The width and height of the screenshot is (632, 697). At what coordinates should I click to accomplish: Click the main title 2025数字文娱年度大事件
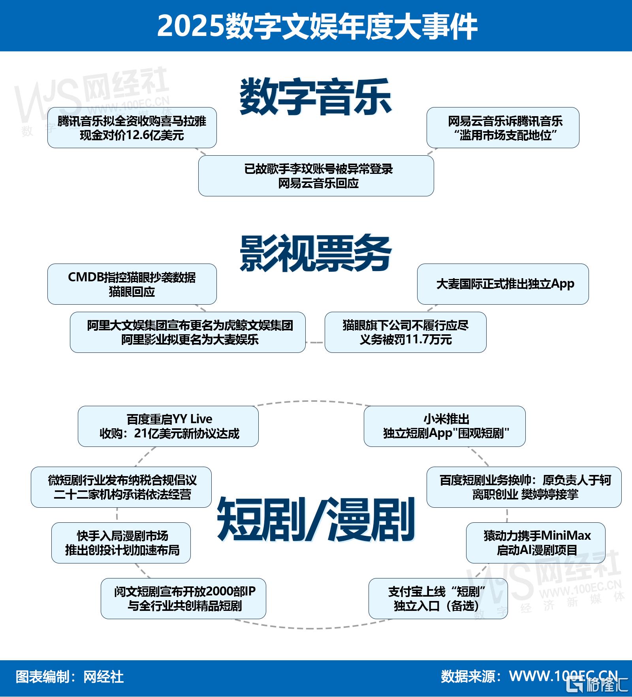317,26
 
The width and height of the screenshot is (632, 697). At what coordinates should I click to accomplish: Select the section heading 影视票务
316,253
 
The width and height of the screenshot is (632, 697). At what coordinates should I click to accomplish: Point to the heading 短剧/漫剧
316,519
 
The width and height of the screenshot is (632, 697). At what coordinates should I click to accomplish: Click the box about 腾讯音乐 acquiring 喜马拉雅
132,128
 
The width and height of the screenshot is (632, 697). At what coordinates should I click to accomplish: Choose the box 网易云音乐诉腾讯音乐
503,128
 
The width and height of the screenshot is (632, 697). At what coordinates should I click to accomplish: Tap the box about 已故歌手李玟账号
316,176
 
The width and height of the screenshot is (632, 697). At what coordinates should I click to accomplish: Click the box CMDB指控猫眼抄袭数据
132,284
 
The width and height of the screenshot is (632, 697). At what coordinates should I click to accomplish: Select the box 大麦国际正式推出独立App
503,284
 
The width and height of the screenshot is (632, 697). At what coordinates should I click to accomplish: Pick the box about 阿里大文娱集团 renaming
188,332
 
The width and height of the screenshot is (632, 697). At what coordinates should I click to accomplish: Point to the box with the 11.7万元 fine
405,332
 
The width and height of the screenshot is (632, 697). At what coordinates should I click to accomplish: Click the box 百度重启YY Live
168,426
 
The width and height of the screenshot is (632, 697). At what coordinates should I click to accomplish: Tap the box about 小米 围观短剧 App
445,426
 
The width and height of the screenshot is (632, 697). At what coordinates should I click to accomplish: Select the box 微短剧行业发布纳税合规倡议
121,487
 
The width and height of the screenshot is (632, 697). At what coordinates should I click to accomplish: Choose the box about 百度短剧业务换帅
524,487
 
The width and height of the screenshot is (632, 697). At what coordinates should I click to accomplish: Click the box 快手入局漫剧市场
121,543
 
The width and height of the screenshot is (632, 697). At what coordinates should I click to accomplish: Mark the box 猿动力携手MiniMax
536,543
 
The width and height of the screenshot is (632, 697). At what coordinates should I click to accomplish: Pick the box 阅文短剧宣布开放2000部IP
183,599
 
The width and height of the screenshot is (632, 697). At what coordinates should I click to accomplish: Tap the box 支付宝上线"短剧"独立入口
438,599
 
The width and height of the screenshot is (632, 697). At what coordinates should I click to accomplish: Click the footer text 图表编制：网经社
70,677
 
